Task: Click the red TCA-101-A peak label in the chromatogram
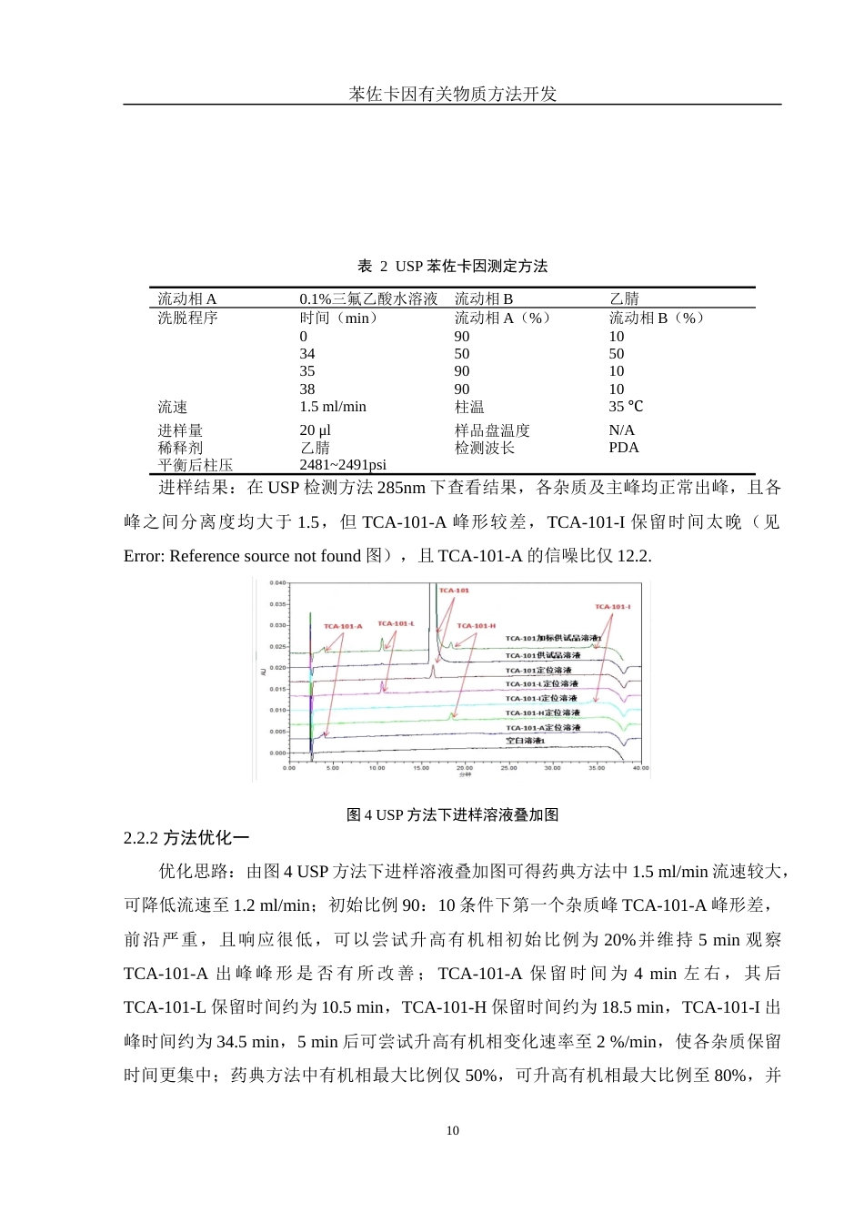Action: pos(343,626)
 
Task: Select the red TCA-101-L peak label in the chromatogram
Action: pos(396,623)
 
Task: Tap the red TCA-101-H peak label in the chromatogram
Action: pos(476,626)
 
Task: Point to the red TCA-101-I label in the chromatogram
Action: pos(612,607)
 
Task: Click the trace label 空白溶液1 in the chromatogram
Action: pos(525,741)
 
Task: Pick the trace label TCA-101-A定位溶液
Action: pos(542,727)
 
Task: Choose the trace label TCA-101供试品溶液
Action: pos(542,655)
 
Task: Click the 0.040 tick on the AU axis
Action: pos(277,583)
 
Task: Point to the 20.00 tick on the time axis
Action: pos(464,768)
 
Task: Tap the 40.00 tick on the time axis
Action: pos(640,768)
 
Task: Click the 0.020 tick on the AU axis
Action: pos(277,668)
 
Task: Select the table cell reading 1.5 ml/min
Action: pos(333,407)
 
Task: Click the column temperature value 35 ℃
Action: pos(626,407)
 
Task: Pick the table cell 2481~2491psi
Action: pos(343,465)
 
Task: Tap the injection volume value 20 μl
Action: pos(315,430)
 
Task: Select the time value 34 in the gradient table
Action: pos(307,354)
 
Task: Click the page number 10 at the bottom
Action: pos(453,1131)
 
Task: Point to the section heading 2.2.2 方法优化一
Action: pos(186,838)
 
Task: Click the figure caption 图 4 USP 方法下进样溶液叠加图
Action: pos(452,815)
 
